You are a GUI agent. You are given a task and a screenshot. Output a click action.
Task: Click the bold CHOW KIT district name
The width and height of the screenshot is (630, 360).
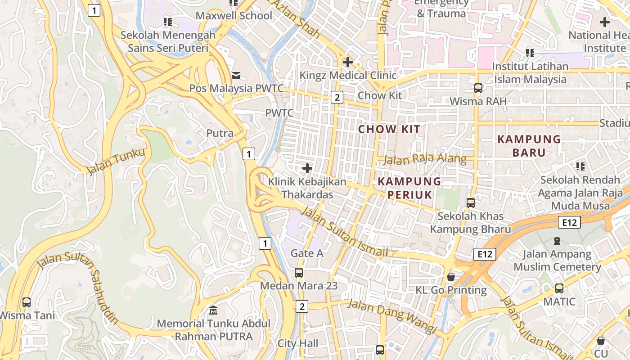[389, 130]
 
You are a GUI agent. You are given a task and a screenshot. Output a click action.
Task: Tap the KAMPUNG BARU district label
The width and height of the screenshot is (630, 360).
[529, 146]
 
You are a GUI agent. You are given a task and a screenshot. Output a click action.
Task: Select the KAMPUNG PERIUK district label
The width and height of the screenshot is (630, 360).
[409, 188]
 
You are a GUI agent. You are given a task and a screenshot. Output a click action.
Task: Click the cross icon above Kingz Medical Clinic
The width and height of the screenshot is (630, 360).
[347, 62]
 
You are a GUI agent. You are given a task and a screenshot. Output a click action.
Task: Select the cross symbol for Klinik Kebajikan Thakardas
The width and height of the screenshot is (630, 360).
[307, 168]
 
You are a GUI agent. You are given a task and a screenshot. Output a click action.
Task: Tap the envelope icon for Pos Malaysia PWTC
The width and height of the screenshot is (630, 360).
[236, 76]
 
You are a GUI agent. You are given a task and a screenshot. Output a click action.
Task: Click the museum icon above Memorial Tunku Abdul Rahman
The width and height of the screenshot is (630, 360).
[214, 310]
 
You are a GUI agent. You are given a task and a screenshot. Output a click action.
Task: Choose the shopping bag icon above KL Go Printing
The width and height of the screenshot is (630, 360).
[451, 277]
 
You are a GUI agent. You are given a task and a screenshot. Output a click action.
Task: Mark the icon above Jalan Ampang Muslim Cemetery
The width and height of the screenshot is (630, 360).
[557, 241]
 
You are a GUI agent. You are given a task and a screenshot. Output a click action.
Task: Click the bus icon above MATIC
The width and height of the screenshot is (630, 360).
[559, 288]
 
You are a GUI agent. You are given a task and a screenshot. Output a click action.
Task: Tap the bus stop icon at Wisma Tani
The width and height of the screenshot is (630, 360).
[27, 302]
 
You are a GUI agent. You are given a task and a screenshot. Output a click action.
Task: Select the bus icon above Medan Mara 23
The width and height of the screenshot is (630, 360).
[299, 272]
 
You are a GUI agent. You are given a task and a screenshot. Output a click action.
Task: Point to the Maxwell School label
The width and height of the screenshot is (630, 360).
[234, 16]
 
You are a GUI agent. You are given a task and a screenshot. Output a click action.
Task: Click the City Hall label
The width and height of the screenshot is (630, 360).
[298, 344]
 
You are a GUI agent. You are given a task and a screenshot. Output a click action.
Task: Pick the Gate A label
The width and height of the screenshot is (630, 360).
[307, 253]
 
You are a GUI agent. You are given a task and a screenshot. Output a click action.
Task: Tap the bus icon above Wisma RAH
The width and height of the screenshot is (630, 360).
[478, 88]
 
